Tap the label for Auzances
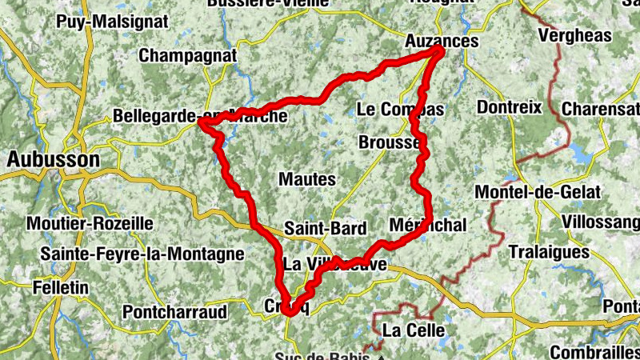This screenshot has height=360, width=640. [442, 40]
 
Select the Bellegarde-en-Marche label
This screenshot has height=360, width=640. [200, 116]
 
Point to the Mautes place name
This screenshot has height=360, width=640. [306, 179]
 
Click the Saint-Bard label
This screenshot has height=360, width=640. [325, 229]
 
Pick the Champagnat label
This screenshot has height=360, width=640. [188, 56]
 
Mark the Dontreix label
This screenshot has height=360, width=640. [509, 107]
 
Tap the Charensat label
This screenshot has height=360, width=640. [600, 108]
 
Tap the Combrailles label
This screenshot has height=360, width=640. [594, 352]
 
